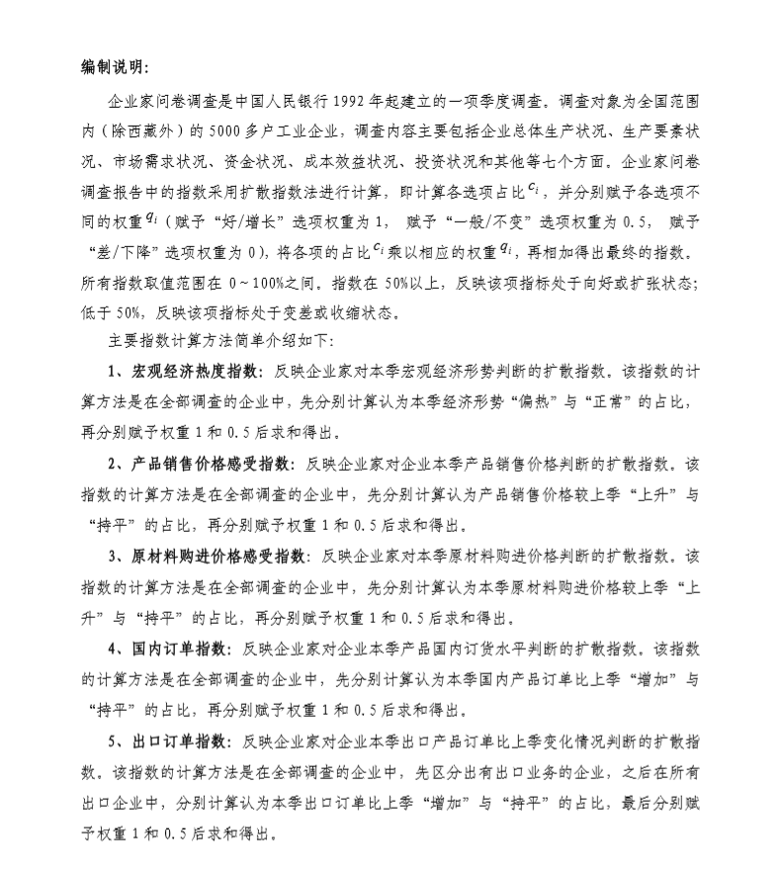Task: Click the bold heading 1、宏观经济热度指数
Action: pyautogui.click(x=185, y=373)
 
